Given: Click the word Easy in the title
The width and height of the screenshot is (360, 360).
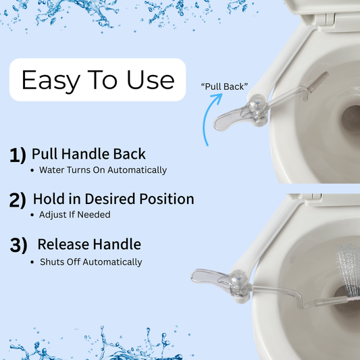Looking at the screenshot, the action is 51,81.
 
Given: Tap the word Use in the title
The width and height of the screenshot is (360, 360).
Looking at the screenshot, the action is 151,80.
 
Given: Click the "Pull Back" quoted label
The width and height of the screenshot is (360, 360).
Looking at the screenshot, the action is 224,86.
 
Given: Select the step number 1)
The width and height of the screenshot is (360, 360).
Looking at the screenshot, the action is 18,155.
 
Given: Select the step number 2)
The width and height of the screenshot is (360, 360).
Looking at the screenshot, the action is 18,200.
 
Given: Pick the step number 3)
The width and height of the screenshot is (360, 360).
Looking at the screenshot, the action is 19,245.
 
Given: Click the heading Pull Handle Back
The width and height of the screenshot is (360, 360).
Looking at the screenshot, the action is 88,154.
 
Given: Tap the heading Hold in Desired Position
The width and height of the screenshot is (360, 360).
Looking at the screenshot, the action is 113,199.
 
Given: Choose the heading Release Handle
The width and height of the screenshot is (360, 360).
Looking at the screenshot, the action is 89,244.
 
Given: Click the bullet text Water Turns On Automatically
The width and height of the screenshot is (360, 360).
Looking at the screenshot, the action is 103,170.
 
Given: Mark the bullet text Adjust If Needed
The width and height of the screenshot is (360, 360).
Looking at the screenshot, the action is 74,215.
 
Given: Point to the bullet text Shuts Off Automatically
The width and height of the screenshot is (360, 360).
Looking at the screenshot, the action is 91,262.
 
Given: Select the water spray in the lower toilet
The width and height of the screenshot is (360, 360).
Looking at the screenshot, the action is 348,271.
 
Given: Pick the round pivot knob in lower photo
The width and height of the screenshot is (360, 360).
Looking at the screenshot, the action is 239,278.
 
